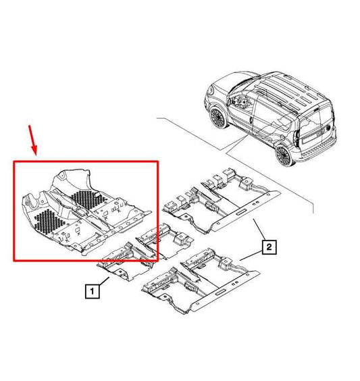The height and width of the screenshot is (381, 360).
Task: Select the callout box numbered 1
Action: point(91,292)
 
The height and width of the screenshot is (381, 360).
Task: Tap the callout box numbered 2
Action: point(269,247)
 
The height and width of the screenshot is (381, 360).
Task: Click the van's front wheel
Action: point(220,117)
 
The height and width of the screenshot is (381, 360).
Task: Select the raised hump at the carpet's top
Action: point(71,178)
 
